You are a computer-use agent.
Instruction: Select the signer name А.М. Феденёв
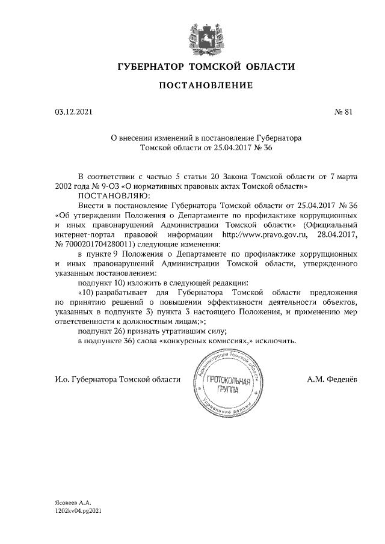click(332, 379)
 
